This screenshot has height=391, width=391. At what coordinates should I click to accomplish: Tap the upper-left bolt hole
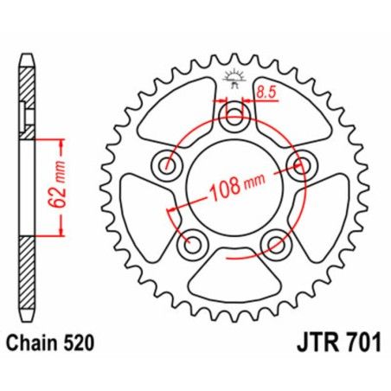(164, 163)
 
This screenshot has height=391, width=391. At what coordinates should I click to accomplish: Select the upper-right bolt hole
(304, 165)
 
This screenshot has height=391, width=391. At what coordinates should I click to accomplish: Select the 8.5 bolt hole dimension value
(266, 89)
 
